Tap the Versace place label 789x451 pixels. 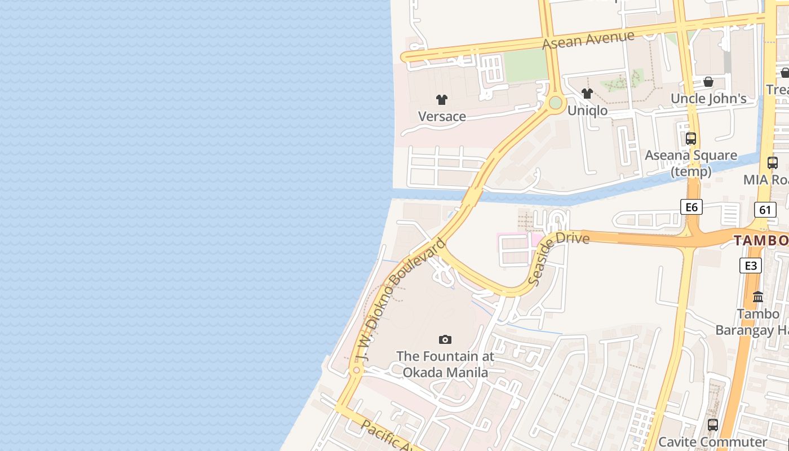(x=442, y=117)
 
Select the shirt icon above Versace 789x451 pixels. (x=442, y=100)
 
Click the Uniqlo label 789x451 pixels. (x=587, y=110)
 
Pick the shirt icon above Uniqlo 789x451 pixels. (x=587, y=94)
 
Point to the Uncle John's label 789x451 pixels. (x=708, y=99)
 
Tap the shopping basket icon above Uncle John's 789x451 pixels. (x=708, y=82)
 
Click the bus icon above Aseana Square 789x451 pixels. (x=691, y=138)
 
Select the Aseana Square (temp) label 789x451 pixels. (x=691, y=163)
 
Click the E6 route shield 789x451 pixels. (x=692, y=207)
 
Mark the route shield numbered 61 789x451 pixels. (x=765, y=210)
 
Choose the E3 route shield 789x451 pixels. (x=751, y=266)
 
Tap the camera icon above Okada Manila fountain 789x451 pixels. (x=445, y=339)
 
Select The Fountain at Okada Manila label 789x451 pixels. (x=445, y=364)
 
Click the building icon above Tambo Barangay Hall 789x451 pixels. (x=758, y=297)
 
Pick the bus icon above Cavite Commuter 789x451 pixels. (x=713, y=425)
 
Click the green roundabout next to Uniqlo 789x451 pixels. (x=556, y=103)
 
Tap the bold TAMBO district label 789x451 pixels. (x=761, y=241)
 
